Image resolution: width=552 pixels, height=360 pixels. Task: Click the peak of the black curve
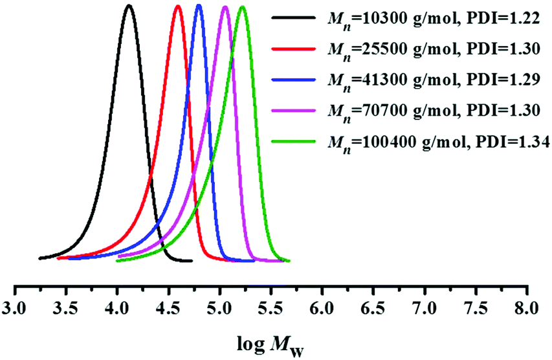coord(129,6)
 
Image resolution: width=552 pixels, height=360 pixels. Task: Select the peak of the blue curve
coord(199,6)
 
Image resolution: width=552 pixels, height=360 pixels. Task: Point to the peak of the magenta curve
coord(225,7)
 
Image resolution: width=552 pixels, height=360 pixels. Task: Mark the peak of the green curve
coord(242,7)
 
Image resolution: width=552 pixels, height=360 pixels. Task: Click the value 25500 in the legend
coord(371,49)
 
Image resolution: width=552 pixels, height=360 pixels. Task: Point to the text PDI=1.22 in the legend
coord(503,19)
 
